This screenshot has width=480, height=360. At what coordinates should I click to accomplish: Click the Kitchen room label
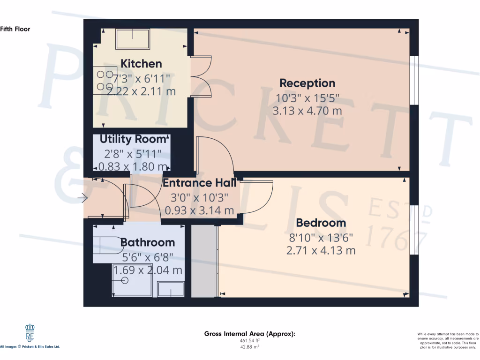[x=141, y=64]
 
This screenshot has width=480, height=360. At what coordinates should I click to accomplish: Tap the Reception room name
[x=307, y=83]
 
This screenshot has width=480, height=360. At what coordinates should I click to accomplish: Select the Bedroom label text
[x=321, y=223]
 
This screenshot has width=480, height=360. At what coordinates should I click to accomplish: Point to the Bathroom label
[x=148, y=242]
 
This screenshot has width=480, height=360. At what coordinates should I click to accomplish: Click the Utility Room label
[x=134, y=139]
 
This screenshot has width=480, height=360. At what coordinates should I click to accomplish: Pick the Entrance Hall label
[x=199, y=183]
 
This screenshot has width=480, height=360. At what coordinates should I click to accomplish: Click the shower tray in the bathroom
[x=131, y=280]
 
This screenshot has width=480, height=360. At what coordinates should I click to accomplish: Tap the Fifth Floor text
[x=15, y=29]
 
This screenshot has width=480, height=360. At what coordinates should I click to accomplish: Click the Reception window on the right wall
[x=413, y=80]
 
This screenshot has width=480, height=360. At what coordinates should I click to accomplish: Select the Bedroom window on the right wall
[x=413, y=230]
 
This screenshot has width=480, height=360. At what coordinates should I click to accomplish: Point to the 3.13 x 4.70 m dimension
[x=307, y=111]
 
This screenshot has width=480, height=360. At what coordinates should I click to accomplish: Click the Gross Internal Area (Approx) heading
[x=249, y=334]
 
